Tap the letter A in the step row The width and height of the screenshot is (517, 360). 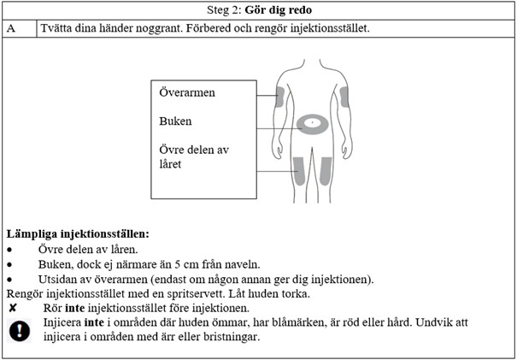click(11, 28)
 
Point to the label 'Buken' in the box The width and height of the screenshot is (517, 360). click(175, 121)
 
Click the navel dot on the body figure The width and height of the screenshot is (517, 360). click(313, 124)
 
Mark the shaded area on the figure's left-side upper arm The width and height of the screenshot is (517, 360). click(279, 97)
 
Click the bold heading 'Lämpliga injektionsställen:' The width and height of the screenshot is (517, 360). click(78, 233)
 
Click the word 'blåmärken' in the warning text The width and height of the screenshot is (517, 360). click(269, 322)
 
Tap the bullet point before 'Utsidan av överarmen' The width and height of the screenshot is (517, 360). click(9, 280)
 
